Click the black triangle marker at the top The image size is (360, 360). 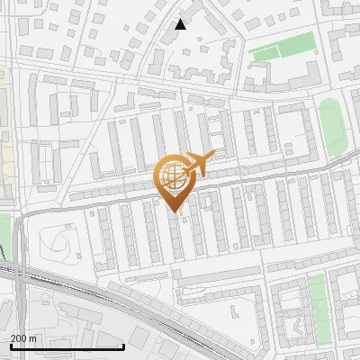180,24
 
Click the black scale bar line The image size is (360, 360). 67,346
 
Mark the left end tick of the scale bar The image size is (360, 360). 11,345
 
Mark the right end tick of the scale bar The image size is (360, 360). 123,345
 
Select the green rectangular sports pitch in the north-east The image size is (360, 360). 283,47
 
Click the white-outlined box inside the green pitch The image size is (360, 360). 283,47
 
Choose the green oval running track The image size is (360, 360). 333,127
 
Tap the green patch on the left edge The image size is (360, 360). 4,229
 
